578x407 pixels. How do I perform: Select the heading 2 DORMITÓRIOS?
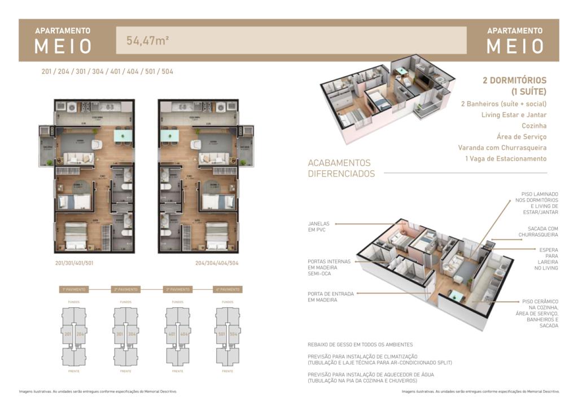pos(514,81)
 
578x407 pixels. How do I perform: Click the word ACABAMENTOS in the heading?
pos(339,163)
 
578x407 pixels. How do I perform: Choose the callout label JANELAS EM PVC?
pos(319,227)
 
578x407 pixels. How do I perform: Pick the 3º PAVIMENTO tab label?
pos(177,289)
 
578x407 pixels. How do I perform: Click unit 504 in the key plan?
pos(234,334)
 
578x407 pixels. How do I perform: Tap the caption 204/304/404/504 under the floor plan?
pos(217,263)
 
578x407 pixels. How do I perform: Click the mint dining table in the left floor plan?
pos(122,135)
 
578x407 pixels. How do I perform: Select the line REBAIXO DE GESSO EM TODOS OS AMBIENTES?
pos(360,344)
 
